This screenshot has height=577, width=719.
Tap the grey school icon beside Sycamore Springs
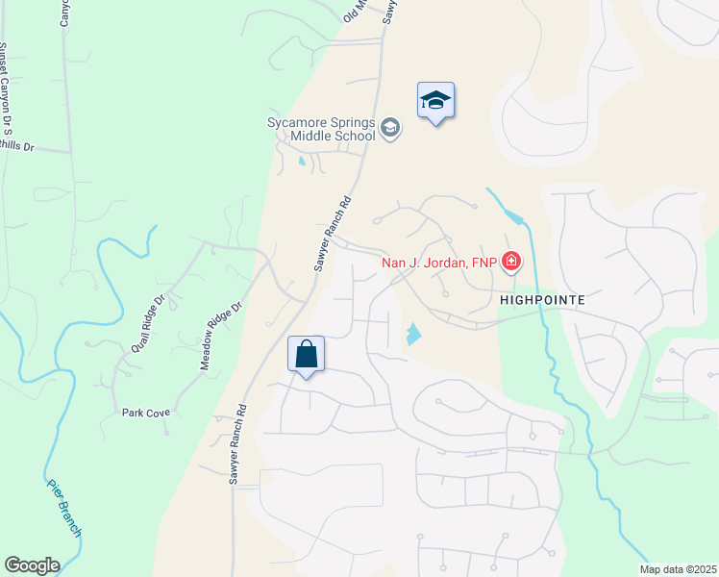[x=390, y=129]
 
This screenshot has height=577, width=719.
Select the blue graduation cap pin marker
[x=435, y=101]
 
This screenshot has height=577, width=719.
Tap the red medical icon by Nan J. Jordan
[x=511, y=262]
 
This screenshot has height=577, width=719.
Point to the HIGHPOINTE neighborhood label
[x=542, y=299]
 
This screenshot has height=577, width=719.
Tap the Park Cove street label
[x=145, y=413]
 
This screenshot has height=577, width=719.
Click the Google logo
[x=32, y=565]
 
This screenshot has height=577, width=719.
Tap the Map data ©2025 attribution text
[x=678, y=569]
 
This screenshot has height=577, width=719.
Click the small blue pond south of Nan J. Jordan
[x=413, y=335]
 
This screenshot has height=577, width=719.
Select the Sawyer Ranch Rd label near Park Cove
[x=236, y=448]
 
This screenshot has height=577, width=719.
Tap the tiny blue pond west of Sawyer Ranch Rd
[x=301, y=162]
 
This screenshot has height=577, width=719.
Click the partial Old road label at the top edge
[x=355, y=12]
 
